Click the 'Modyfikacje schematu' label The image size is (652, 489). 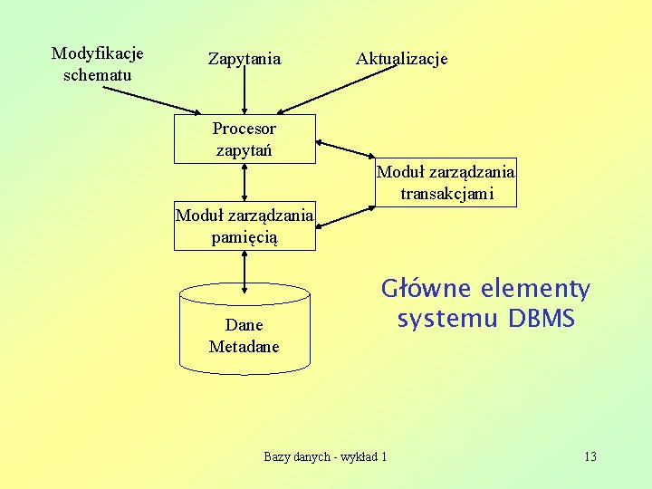(97, 64)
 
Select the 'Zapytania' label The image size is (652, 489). (244, 59)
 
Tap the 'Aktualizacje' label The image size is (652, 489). (401, 59)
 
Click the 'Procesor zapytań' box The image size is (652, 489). (244, 139)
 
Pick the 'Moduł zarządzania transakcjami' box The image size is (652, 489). (446, 183)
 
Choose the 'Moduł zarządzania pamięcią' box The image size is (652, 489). (244, 225)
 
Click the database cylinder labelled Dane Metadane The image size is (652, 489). (244, 331)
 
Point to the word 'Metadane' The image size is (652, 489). (244, 347)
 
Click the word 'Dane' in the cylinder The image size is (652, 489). (244, 325)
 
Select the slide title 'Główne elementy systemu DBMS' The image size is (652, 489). (485, 304)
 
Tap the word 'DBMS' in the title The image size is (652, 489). (542, 320)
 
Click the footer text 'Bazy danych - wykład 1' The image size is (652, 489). (325, 456)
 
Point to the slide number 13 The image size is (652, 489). (590, 456)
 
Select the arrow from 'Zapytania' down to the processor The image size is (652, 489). (245, 91)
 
